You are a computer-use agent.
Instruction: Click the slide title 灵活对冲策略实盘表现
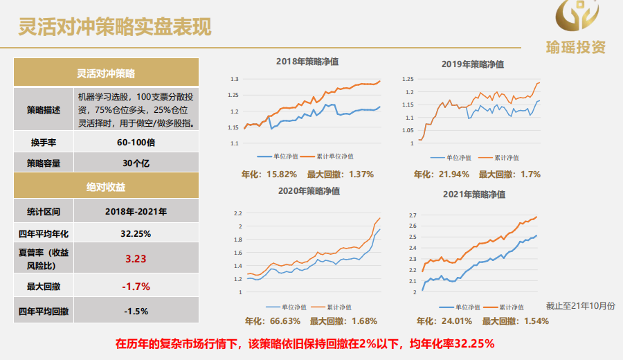tap(114, 27)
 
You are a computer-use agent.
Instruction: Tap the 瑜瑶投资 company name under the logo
tap(575, 47)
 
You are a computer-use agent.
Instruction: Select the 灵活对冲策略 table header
tap(106, 73)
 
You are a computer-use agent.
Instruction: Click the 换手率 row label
tap(43, 142)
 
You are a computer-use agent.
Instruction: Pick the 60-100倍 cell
tap(136, 142)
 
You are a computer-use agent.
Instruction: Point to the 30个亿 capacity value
tap(136, 163)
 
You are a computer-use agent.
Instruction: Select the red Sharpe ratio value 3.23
tap(136, 259)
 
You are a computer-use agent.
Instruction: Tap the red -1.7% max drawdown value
tap(136, 286)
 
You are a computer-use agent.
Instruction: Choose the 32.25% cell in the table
tap(136, 233)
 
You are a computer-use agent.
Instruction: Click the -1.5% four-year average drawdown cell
tap(136, 311)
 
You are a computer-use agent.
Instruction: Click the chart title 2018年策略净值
tap(307, 62)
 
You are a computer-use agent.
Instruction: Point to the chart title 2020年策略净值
tap(308, 190)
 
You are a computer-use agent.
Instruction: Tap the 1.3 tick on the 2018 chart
tap(234, 79)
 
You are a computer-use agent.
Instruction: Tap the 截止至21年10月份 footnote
tap(579, 305)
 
